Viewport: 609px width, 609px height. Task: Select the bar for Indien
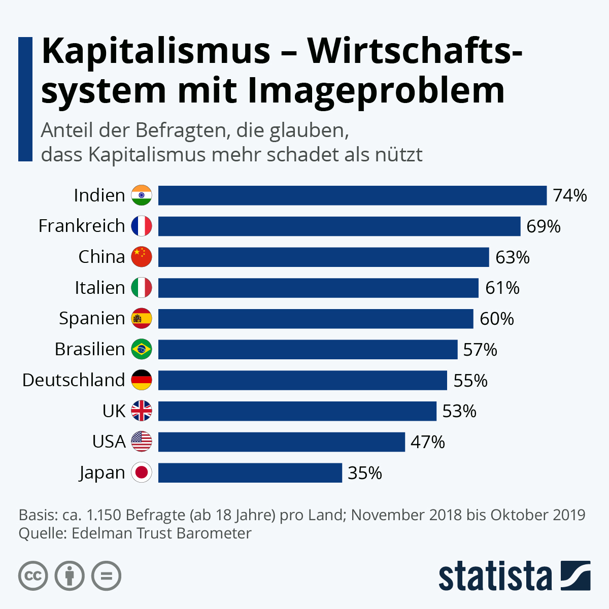coord(352,195)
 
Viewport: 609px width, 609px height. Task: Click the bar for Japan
coord(250,472)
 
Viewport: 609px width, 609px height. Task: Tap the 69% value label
coord(543,226)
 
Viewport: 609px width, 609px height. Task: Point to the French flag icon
coord(142,226)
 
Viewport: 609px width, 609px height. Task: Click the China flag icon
coord(142,257)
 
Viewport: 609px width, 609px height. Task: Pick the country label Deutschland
coord(74,380)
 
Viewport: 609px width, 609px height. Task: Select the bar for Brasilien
coord(308,349)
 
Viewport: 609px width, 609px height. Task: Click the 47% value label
coord(427,442)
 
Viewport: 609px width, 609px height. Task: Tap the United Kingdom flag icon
coord(142,411)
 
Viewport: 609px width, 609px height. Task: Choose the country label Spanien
coord(92,319)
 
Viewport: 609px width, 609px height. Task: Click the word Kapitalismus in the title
coord(156,52)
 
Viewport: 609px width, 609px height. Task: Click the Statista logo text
coord(495,577)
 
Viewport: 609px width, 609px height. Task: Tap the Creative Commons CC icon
coord(33,576)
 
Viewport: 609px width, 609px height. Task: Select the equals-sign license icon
coord(106,576)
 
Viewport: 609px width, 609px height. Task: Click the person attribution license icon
coord(70,576)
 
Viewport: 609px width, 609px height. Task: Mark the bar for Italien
coord(318,288)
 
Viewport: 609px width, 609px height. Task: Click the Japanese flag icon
coord(142,472)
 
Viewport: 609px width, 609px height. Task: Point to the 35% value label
coord(364,473)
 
